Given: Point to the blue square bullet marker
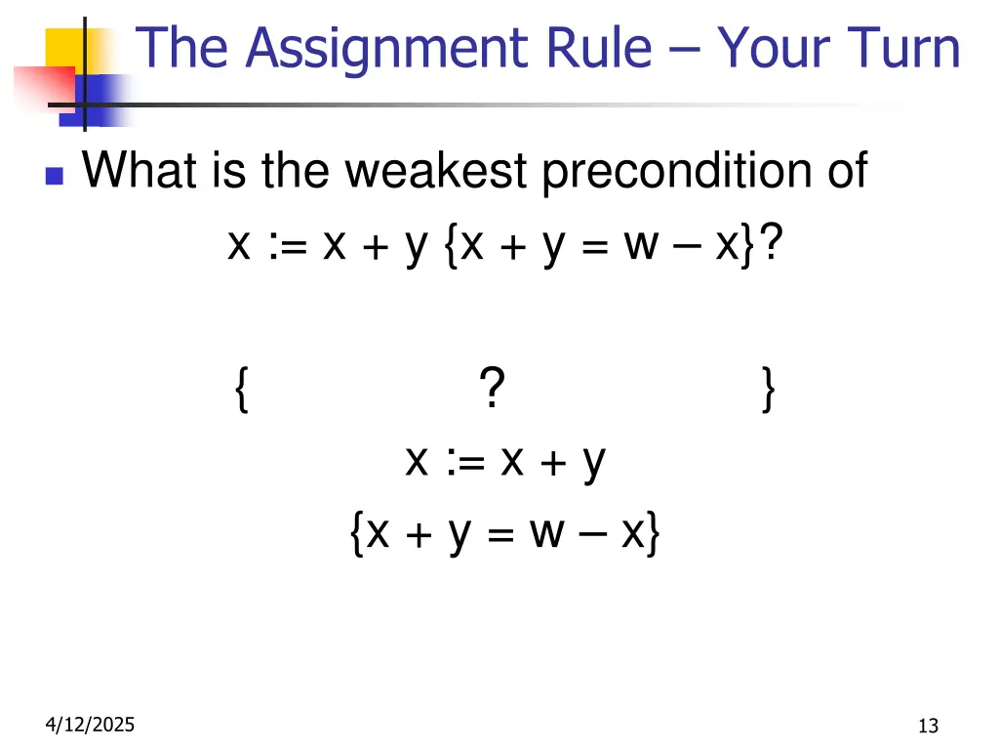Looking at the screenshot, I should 55,177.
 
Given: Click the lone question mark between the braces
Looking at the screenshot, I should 492,390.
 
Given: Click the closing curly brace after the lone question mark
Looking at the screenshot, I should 770,391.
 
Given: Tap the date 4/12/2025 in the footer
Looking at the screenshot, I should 90,724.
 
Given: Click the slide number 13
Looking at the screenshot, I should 928,725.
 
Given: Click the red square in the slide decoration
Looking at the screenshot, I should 44,88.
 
